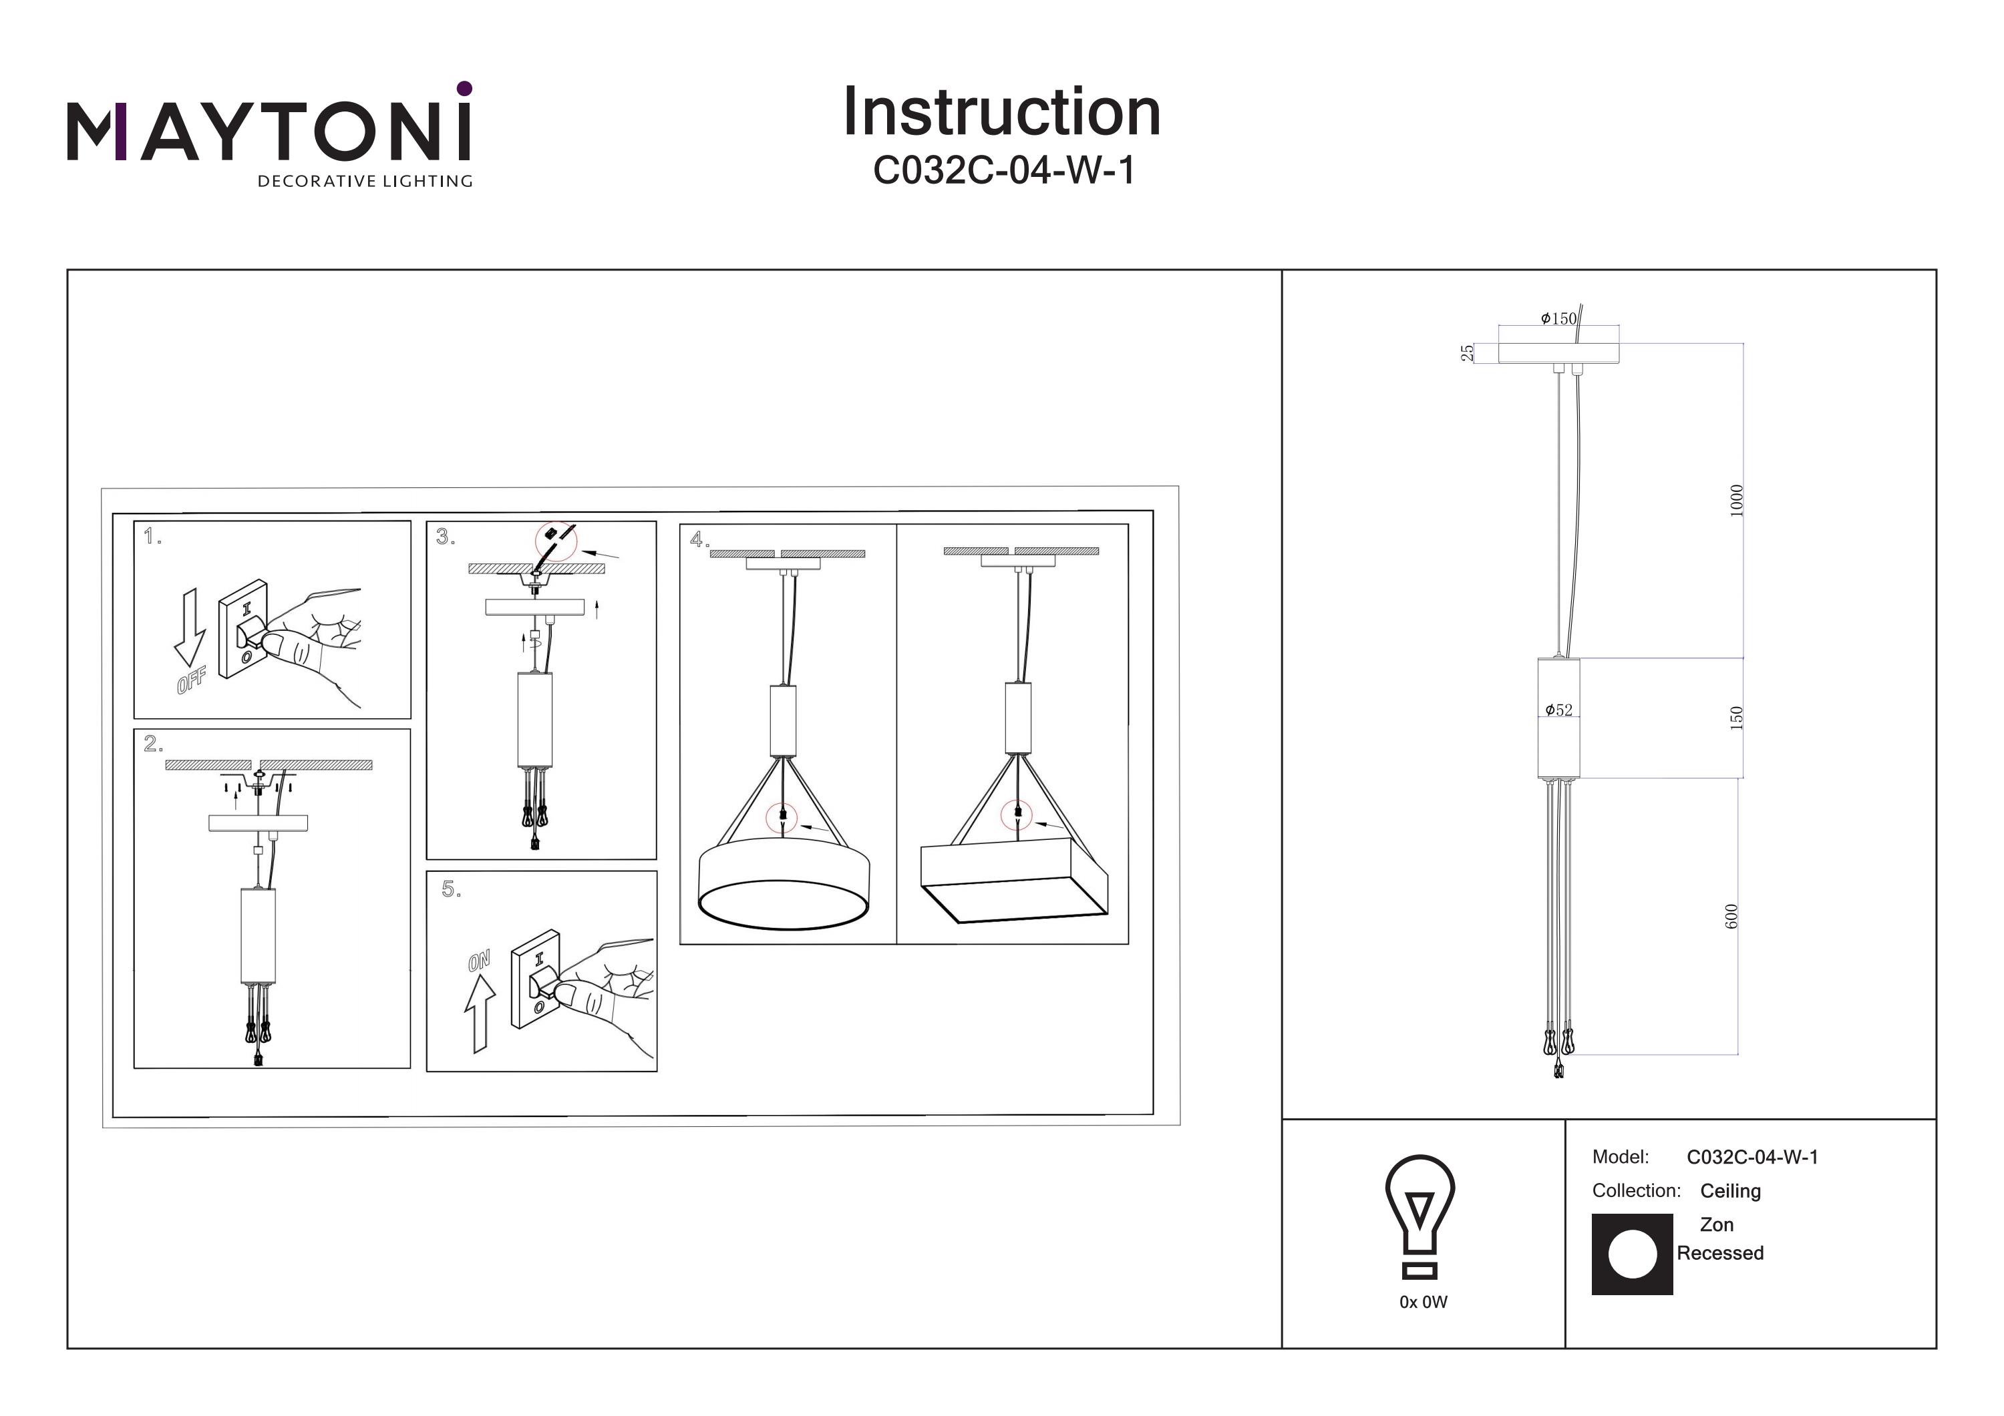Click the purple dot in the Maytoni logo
point(464,88)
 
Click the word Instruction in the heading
point(1001,113)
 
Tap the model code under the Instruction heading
point(1004,171)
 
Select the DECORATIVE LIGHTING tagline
point(364,182)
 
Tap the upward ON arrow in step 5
point(479,1012)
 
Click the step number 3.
point(445,537)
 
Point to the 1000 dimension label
point(1736,500)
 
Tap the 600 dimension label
point(1731,916)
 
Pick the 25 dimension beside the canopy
point(1467,352)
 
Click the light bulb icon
point(1420,1215)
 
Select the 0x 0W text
point(1423,1303)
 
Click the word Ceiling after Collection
point(1730,1191)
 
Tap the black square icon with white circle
point(1631,1254)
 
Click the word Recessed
point(1719,1253)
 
